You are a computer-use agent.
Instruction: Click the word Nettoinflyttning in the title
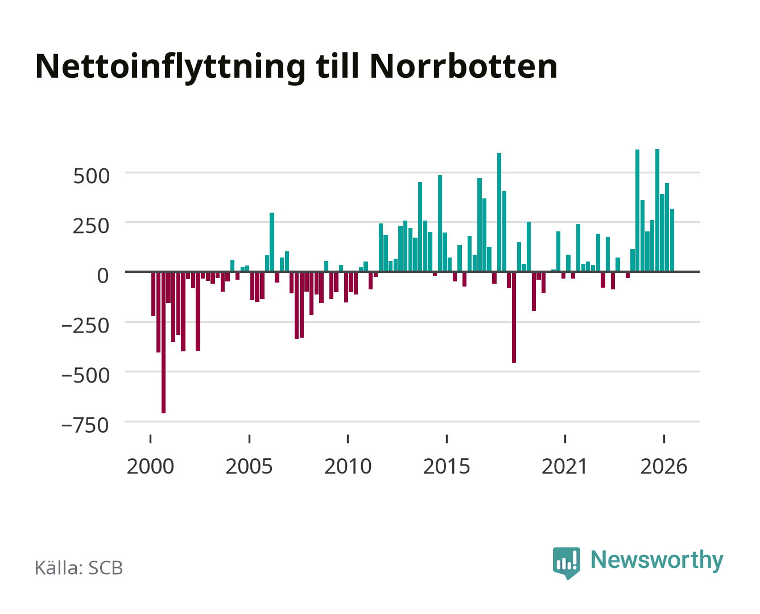point(170,68)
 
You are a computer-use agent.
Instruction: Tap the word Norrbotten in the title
point(464,67)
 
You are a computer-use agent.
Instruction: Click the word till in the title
point(337,67)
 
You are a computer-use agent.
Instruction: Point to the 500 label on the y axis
point(91,176)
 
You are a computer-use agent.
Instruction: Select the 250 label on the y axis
point(91,226)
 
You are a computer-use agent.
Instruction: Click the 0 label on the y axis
point(103,276)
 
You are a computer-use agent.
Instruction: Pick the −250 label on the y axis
point(85,326)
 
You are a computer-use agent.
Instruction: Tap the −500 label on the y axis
point(85,375)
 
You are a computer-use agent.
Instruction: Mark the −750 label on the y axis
point(85,425)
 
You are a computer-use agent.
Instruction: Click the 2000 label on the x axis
point(150,466)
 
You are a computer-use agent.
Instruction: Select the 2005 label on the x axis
point(249,466)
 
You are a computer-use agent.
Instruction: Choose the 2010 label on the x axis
point(348,466)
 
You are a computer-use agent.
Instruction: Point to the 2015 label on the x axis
point(447,466)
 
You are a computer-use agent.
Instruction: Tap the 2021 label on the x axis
point(565,466)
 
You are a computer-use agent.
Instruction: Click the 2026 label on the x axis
point(664,466)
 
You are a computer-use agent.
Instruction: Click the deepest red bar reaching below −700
point(163,342)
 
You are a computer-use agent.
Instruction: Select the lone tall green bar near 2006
point(272,242)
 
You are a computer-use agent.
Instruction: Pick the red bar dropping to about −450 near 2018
point(514,317)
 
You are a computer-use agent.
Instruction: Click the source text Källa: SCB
point(79,567)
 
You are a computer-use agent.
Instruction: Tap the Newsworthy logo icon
point(566,563)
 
